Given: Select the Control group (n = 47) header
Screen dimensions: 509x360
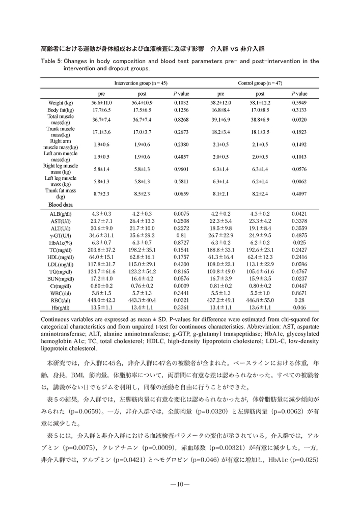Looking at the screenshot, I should [x=260, y=83].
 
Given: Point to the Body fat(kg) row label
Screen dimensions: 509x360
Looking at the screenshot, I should [x=60, y=109].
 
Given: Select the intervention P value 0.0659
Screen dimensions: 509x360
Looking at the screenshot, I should [x=181, y=194].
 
